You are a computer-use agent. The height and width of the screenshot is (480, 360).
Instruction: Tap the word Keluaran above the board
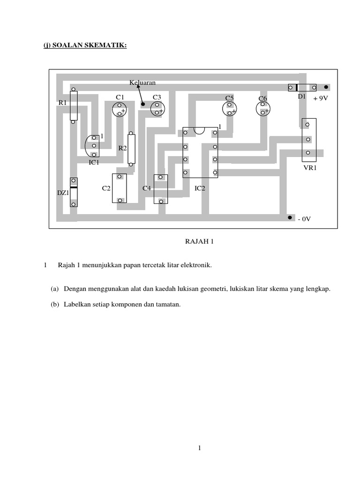[x=142, y=82]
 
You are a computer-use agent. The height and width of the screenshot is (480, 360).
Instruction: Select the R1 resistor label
[x=63, y=102]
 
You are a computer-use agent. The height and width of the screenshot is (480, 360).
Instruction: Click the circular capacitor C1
[x=120, y=110]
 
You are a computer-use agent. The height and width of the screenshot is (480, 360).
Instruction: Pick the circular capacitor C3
[x=157, y=110]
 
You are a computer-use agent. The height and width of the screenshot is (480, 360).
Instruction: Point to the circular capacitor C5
[x=229, y=109]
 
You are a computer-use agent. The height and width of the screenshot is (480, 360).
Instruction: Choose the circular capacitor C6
[x=263, y=109]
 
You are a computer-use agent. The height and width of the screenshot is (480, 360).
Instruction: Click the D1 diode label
[x=302, y=96]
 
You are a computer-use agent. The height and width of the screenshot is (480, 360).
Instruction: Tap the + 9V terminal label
[x=320, y=98]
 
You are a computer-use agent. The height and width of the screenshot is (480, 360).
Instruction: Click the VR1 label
[x=310, y=167]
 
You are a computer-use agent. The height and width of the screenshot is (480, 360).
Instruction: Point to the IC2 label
[x=200, y=188]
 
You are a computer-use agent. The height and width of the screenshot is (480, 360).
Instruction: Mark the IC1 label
[x=94, y=162]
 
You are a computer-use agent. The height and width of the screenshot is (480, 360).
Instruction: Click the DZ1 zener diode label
[x=63, y=192]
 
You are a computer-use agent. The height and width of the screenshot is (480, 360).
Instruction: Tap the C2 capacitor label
[x=106, y=188]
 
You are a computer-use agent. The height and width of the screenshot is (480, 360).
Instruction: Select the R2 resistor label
[x=122, y=148]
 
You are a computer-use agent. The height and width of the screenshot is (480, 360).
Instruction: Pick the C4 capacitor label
[x=147, y=188]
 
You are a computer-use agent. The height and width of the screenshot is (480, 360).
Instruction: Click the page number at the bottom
[x=199, y=449]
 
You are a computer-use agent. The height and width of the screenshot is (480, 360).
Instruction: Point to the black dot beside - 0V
[x=289, y=218]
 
